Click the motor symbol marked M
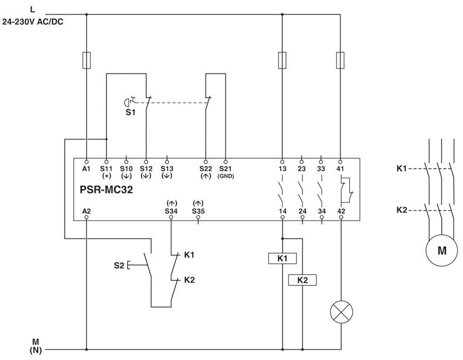(x=442, y=250)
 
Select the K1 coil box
(x=282, y=257)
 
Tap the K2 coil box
(x=302, y=280)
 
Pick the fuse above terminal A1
(x=86, y=60)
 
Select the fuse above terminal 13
(x=282, y=60)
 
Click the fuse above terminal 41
(x=341, y=60)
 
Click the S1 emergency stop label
(x=131, y=111)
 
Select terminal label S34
(x=172, y=210)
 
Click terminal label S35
(x=198, y=210)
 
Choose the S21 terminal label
(x=226, y=168)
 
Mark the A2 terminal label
(x=87, y=210)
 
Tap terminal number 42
(x=341, y=210)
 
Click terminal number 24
(x=302, y=210)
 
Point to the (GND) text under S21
(x=226, y=175)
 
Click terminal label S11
(x=106, y=168)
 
